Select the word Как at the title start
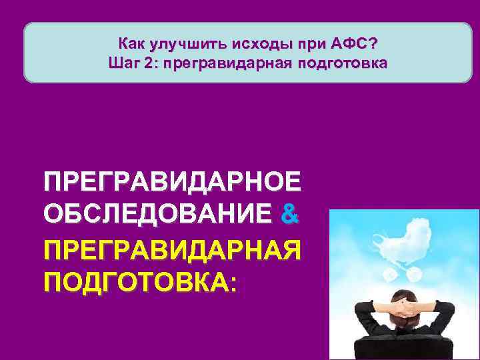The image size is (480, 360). coord(131,44)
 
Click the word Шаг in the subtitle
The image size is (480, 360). coord(122,65)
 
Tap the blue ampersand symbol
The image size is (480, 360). coord(291,215)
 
